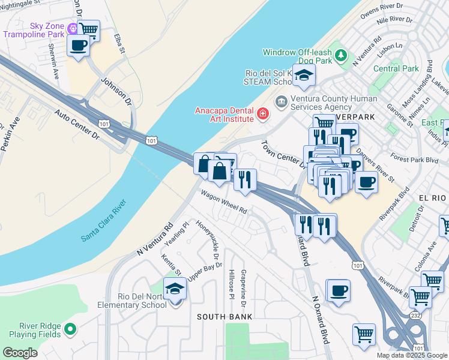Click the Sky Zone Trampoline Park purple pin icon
pyautogui.click(x=73, y=28)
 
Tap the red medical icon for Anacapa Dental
pyautogui.click(x=262, y=114)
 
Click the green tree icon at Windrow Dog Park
pyautogui.click(x=342, y=56)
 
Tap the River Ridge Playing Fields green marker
pyautogui.click(x=70, y=329)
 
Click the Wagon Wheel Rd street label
pyautogui.click(x=224, y=203)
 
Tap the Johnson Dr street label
pyautogui.click(x=116, y=90)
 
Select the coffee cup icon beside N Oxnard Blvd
pyautogui.click(x=339, y=290)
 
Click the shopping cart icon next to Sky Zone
pyautogui.click(x=89, y=29)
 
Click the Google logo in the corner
pyautogui.click(x=20, y=353)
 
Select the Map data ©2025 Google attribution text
pyautogui.click(x=411, y=355)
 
